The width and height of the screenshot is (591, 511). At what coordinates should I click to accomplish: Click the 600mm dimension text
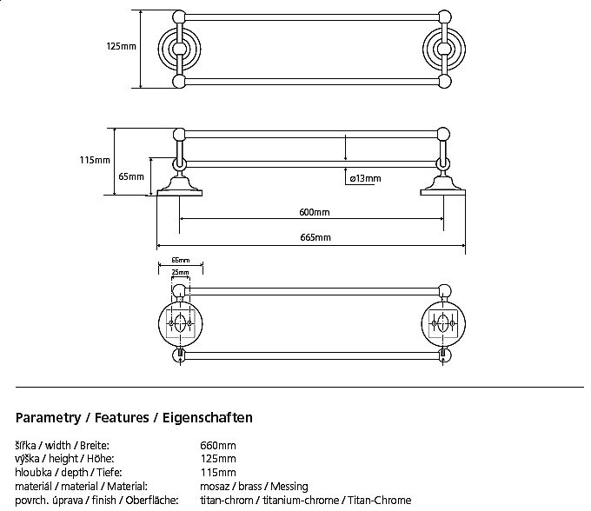[x=313, y=212]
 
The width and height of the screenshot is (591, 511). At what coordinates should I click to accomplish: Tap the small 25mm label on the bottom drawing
[x=180, y=272]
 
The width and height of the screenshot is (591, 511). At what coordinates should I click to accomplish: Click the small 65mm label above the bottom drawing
[x=180, y=260]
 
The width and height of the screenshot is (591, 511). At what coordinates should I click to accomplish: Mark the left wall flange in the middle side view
[x=180, y=184]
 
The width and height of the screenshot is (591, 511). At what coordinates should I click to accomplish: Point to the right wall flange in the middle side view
[x=443, y=184]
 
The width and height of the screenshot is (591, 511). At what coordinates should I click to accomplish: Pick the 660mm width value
[x=218, y=446]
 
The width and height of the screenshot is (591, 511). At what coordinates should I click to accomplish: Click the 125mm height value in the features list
[x=218, y=460]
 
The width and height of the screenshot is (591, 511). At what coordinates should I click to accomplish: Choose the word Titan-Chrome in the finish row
[x=382, y=501]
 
